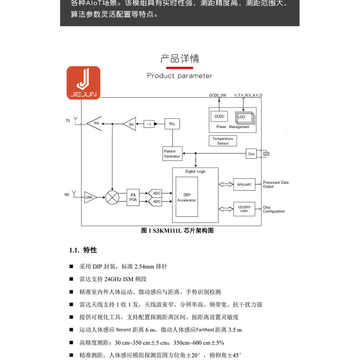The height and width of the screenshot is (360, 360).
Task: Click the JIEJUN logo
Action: (83, 83)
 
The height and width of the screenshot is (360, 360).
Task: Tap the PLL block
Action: (172, 124)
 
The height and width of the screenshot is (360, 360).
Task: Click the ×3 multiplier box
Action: (149, 124)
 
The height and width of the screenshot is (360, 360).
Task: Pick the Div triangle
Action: (130, 124)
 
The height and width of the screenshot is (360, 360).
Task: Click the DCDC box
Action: (219, 116)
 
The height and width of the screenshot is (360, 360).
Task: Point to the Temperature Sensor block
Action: (223, 141)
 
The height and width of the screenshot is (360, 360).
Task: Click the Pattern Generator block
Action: (172, 154)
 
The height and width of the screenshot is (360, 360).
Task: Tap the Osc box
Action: (251, 154)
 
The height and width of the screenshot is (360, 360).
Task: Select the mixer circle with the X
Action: (112, 197)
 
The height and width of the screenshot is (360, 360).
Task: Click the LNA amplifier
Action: (90, 197)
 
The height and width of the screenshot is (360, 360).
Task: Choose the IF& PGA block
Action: (133, 197)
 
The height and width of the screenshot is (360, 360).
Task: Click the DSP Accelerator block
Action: (187, 197)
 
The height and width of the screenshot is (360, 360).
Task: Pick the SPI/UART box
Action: (244, 185)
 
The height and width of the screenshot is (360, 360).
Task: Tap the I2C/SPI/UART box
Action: (244, 209)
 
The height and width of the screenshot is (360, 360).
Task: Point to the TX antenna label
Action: (68, 121)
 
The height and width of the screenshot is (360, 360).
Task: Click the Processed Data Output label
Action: (276, 185)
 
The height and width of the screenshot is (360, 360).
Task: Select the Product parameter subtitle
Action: (180, 76)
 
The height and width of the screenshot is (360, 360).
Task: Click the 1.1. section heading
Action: (83, 250)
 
